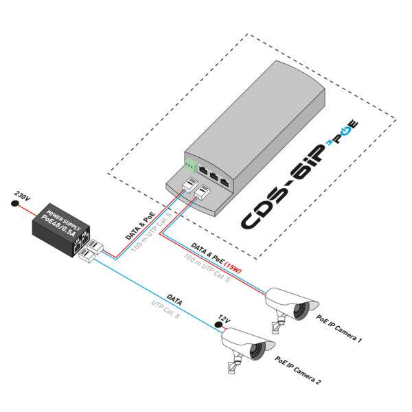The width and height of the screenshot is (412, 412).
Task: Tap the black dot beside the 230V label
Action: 14,204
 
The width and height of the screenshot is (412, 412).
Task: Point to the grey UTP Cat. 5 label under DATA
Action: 168,311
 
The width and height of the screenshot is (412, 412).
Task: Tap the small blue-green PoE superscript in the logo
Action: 345,131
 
